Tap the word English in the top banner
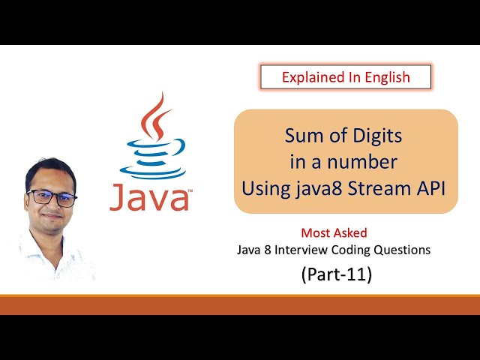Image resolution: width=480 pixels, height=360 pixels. pos(383,76)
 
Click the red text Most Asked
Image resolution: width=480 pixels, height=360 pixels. pos(334,233)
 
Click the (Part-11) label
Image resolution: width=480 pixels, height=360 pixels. pos(336,274)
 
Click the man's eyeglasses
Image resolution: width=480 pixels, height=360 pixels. pos(52,197)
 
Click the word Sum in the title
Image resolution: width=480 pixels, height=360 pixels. pos(299,136)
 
